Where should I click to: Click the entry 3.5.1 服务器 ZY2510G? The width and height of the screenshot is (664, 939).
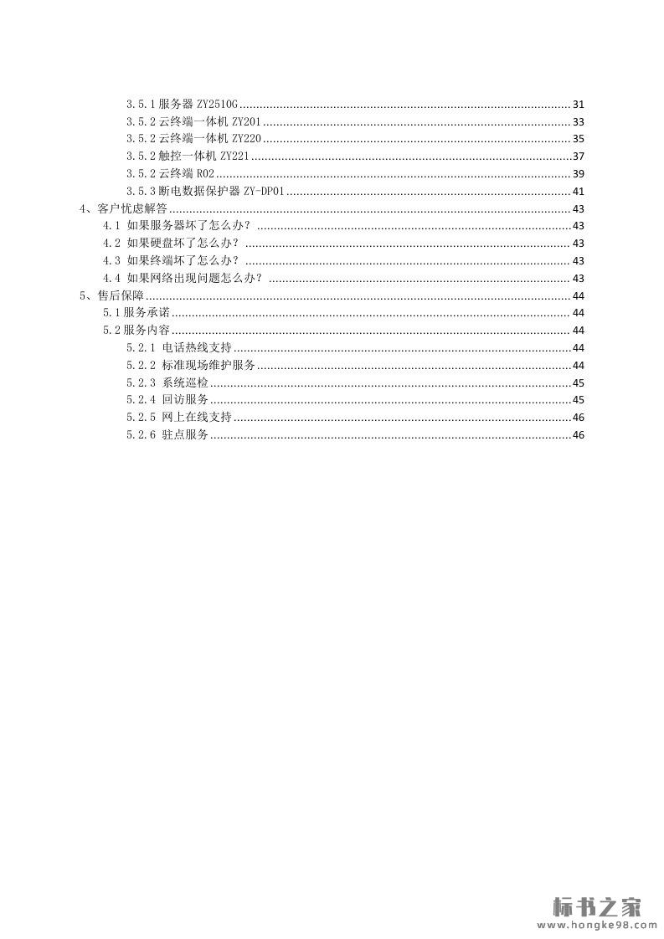click(183, 105)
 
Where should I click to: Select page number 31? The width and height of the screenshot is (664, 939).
click(578, 105)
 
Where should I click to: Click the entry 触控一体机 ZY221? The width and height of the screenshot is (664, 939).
click(188, 156)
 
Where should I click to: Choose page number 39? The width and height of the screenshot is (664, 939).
click(578, 174)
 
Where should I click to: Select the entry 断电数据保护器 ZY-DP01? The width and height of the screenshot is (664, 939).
click(206, 192)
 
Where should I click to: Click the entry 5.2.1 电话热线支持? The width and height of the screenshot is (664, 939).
click(179, 347)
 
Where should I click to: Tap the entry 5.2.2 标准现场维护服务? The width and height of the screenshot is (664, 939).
click(191, 365)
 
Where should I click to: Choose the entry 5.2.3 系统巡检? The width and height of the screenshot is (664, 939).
click(167, 382)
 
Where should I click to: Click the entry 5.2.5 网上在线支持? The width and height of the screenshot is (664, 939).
click(179, 417)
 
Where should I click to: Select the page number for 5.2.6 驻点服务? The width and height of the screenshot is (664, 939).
click(578, 434)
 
